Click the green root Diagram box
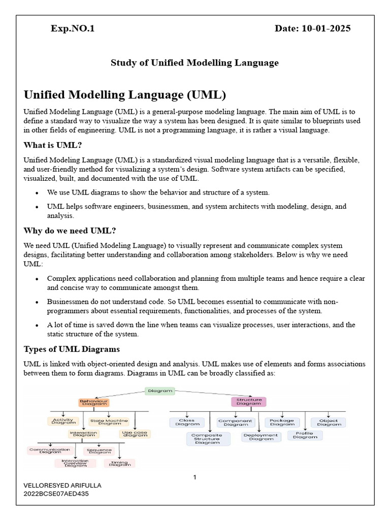pos(160,391)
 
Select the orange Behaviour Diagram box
pos(94,402)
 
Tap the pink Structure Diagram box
pos(249,402)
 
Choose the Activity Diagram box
pos(63,421)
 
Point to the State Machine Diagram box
pos(109,421)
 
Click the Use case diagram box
pos(135,434)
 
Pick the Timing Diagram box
pos(119,463)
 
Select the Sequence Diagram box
pos(99,450)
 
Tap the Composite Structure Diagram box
pos(207,439)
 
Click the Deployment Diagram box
pos(261,437)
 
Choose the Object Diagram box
pos(329,422)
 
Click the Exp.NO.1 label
pos(73,28)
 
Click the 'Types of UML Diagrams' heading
pos(72,349)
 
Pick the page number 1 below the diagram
pos(194,477)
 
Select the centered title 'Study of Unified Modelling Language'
pos(195,63)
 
